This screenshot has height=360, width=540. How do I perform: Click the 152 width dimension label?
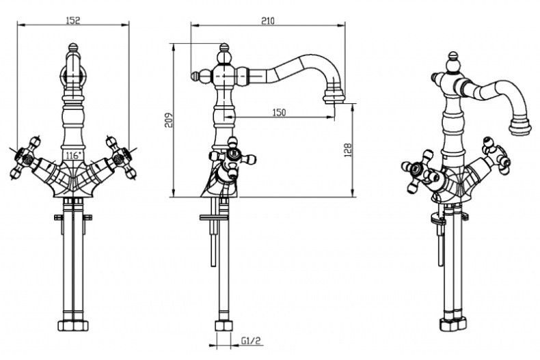73,20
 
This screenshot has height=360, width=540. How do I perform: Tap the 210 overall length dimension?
267,20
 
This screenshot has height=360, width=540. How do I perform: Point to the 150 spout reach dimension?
278,112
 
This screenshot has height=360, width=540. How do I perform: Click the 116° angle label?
72,156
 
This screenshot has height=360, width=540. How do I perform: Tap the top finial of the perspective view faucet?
453,59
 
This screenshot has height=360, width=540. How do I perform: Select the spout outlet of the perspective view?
521,128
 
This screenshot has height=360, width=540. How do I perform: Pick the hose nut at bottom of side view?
223,326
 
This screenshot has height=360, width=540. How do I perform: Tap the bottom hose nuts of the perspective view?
453,322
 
